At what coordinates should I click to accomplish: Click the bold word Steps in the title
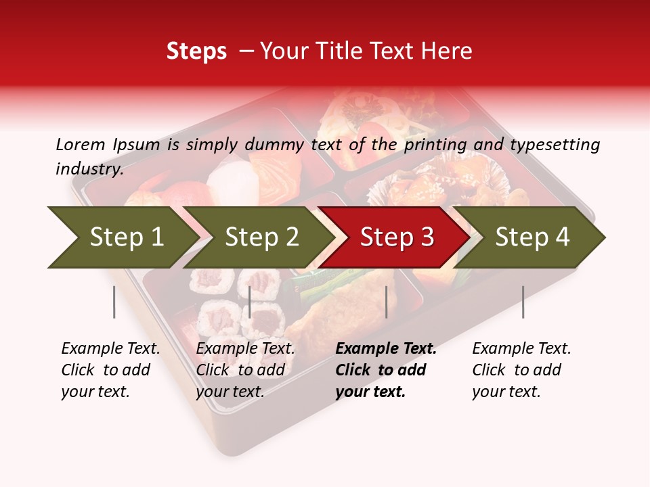[196, 51]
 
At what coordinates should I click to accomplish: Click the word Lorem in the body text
[80, 145]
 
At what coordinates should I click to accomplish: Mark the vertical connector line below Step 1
[114, 302]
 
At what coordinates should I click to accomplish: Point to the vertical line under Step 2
[250, 302]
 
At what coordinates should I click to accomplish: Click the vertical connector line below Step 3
[386, 302]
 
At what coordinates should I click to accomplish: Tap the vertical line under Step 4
[523, 302]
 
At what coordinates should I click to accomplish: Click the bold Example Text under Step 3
[386, 349]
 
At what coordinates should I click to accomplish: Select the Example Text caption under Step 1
[110, 349]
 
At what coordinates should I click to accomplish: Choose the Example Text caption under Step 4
[521, 349]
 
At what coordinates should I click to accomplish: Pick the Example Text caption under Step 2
[245, 349]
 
